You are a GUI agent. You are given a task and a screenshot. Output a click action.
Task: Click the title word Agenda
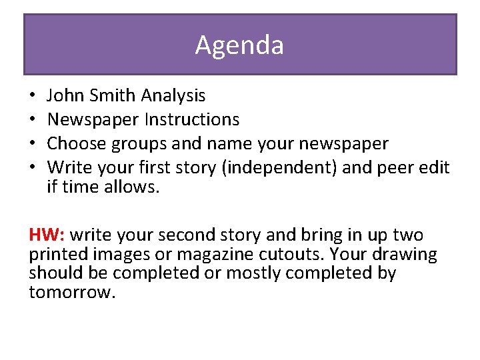239,45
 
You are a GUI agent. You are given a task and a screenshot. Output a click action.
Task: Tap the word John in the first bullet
64,96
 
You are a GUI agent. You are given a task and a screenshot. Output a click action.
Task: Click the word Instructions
193,120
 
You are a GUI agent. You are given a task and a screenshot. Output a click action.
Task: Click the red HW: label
47,235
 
